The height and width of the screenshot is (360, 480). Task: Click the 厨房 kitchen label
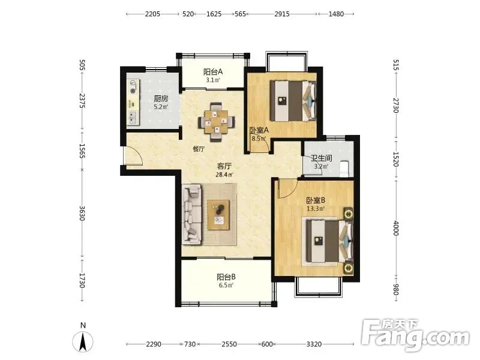coord(161,98)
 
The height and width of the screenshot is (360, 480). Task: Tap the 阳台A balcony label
coord(213,72)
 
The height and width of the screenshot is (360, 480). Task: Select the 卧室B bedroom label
coord(316,201)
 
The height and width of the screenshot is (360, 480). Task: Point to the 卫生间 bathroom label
coord(322,158)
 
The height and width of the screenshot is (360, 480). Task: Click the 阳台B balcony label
coord(226,277)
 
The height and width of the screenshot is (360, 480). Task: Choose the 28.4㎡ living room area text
coord(224,175)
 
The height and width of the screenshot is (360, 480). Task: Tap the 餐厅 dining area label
coord(199,149)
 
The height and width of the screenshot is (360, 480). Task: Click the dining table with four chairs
coord(217,122)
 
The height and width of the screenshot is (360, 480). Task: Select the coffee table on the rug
coord(218,215)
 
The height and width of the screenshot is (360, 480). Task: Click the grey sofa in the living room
coord(192,214)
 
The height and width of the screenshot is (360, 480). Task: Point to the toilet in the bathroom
coord(344,169)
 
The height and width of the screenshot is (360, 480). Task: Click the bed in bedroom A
coord(293,101)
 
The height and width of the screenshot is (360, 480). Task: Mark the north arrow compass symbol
coord(83,341)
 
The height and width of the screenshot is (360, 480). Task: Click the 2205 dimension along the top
coord(152,14)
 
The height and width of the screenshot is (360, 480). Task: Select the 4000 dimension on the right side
coord(395,228)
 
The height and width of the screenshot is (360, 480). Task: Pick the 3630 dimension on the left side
coord(82,213)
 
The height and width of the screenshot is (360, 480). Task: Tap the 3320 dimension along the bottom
coord(314,344)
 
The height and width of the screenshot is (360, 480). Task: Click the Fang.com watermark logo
coord(415,335)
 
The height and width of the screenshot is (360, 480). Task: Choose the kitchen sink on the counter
coord(133,117)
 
